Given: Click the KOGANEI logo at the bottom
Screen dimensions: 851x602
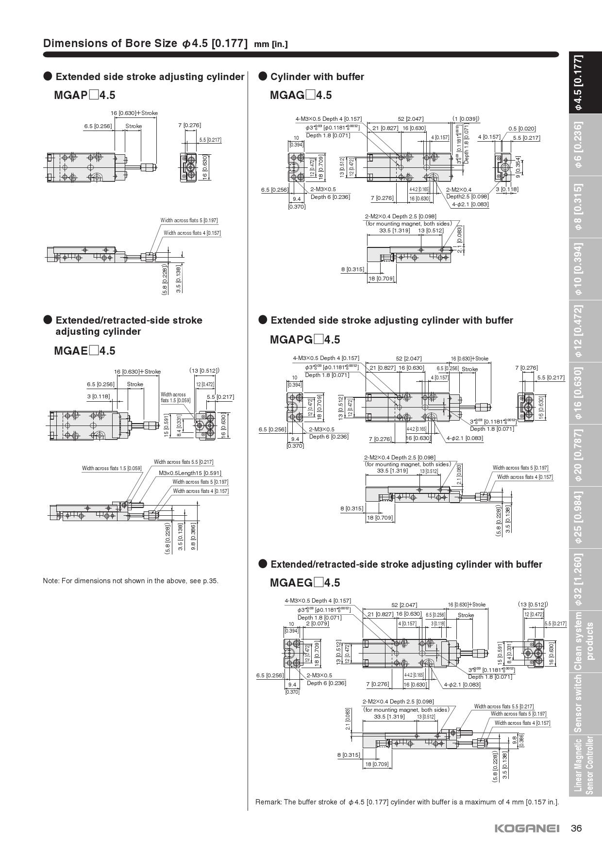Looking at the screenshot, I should pyautogui.click(x=527, y=828).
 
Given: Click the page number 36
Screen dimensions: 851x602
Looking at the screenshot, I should pyautogui.click(x=576, y=828).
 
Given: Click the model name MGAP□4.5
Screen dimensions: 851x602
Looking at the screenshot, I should pyautogui.click(x=84, y=95).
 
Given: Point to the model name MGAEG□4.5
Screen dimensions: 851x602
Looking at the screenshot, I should pyautogui.click(x=305, y=583).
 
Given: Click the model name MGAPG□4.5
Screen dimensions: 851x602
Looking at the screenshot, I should pyautogui.click(x=305, y=340).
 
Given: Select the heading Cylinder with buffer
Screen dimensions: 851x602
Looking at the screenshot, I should pyautogui.click(x=317, y=77).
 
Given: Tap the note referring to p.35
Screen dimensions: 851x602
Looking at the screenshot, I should pyautogui.click(x=131, y=581).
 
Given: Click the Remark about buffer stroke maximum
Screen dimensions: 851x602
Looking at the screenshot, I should pyautogui.click(x=407, y=802).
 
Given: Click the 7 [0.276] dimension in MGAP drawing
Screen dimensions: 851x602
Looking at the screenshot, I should pyautogui.click(x=189, y=125).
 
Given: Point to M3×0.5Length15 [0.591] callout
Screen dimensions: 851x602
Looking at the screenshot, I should pyautogui.click(x=190, y=473).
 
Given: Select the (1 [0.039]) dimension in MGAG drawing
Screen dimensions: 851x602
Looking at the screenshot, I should pyautogui.click(x=466, y=118).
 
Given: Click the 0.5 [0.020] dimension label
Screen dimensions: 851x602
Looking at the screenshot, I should pyautogui.click(x=522, y=129).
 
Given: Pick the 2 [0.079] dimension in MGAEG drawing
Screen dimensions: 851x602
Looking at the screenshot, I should pyautogui.click(x=317, y=623).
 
